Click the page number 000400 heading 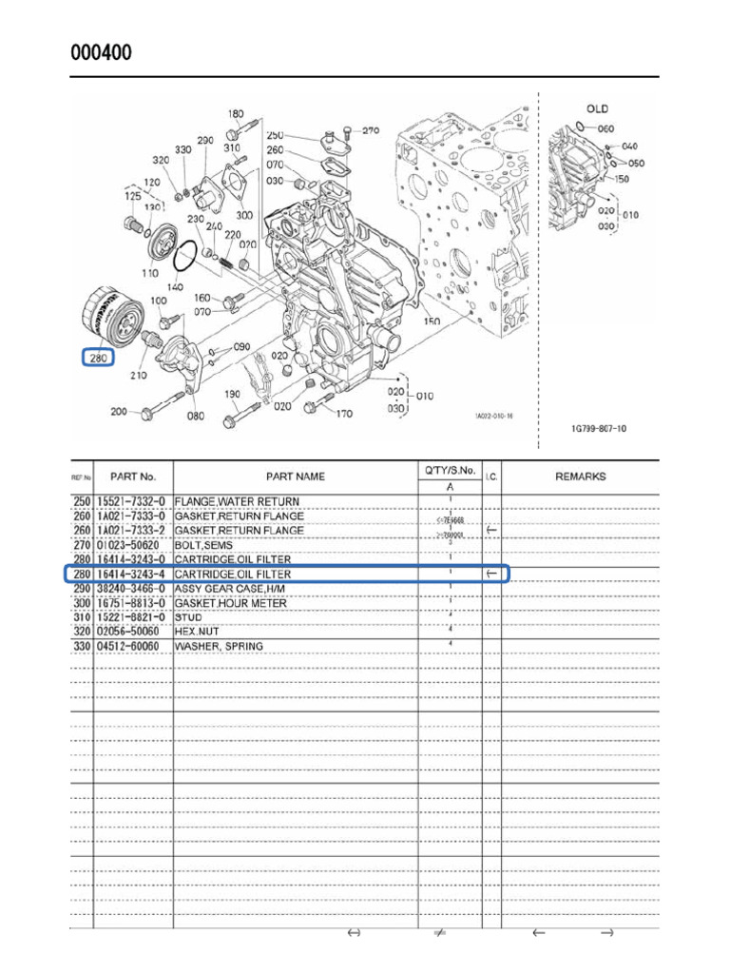(x=102, y=52)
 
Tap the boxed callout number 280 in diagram (x=98, y=359)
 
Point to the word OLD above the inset (x=597, y=109)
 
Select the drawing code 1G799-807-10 (x=599, y=429)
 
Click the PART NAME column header (x=295, y=477)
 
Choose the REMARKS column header (x=580, y=477)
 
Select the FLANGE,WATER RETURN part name (x=237, y=501)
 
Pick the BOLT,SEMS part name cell (x=203, y=545)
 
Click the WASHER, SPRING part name (x=219, y=647)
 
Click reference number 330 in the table (x=83, y=647)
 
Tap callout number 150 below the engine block (x=432, y=323)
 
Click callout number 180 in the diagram (x=236, y=115)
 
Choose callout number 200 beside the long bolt (x=119, y=412)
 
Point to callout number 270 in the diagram (x=370, y=131)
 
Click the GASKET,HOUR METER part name (x=230, y=603)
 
